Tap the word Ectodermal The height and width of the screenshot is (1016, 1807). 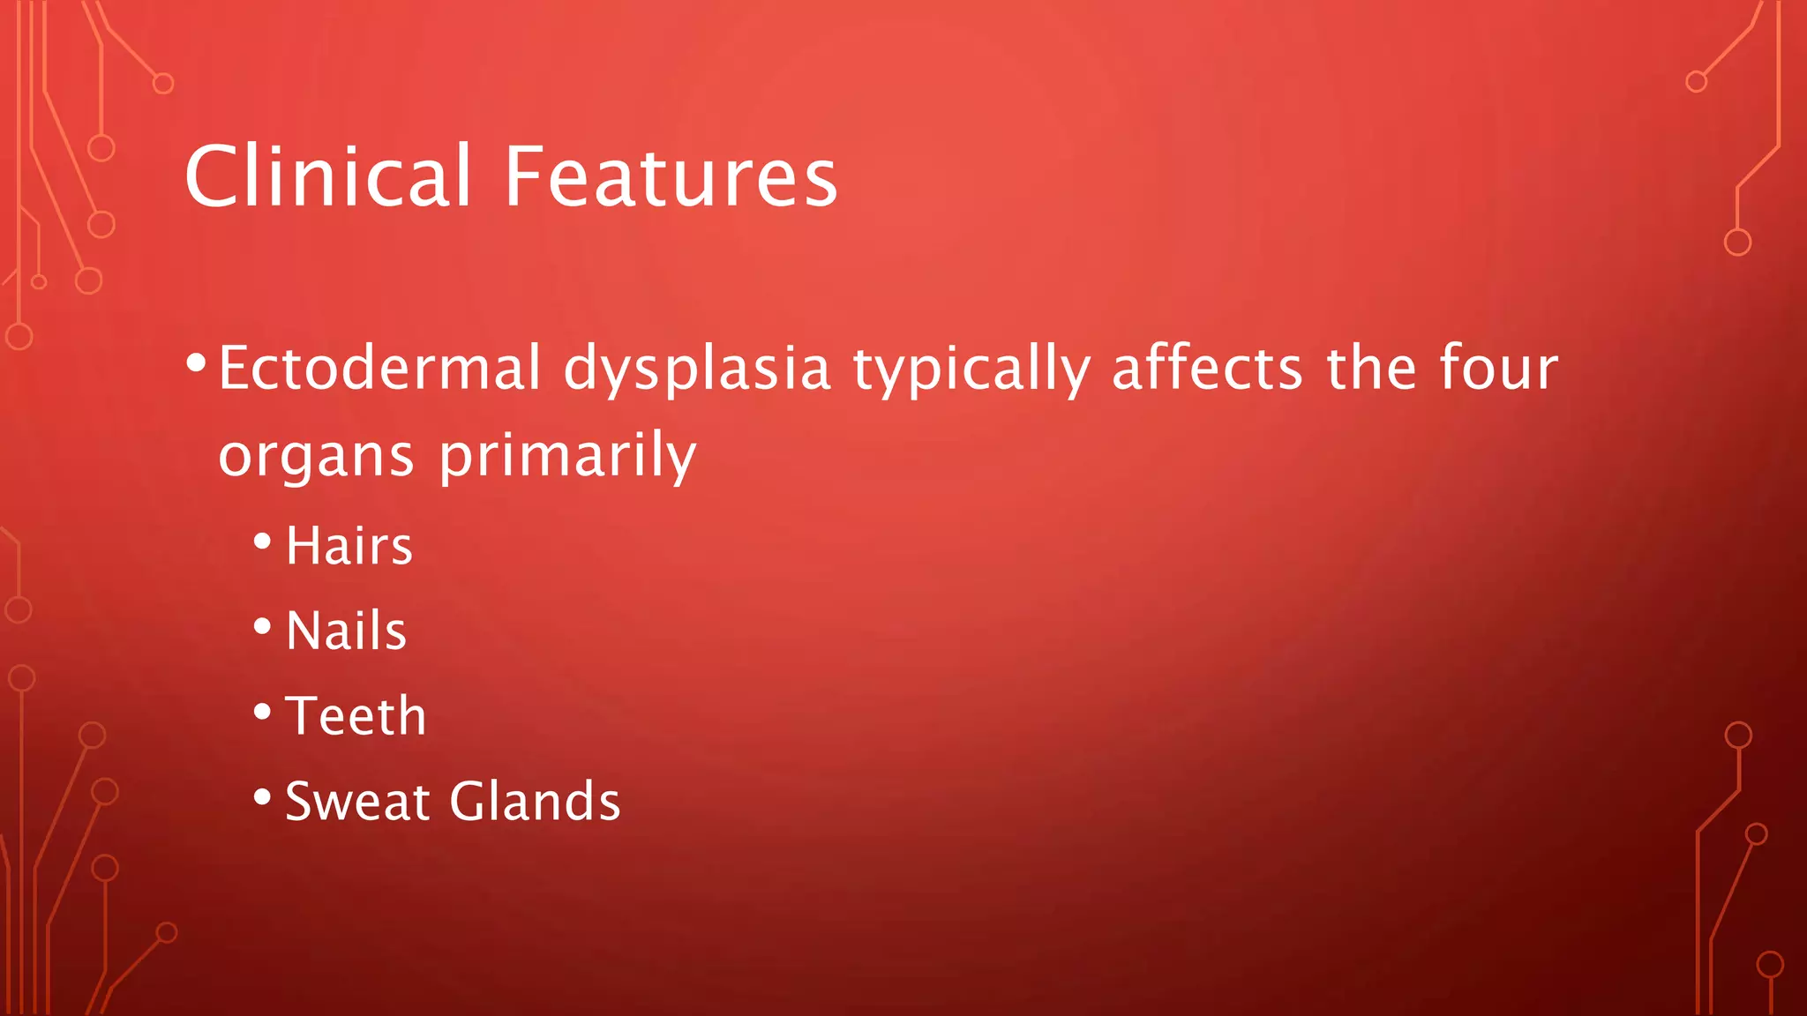[x=379, y=368]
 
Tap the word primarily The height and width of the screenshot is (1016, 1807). [x=567, y=457]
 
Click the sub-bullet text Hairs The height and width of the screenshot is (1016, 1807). [x=349, y=546]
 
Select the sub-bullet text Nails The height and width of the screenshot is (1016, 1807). [x=347, y=631]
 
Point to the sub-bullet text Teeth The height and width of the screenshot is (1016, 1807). [x=356, y=715]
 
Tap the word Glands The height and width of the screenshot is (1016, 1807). [x=535, y=802]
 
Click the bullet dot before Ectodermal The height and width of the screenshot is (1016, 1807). [x=197, y=362]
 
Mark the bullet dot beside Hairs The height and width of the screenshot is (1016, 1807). [x=262, y=542]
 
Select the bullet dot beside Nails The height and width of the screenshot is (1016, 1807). [x=262, y=626]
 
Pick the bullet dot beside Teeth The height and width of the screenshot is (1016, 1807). [x=262, y=711]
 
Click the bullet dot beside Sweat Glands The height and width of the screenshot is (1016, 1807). [x=262, y=797]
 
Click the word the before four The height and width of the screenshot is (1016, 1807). [x=1371, y=368]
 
